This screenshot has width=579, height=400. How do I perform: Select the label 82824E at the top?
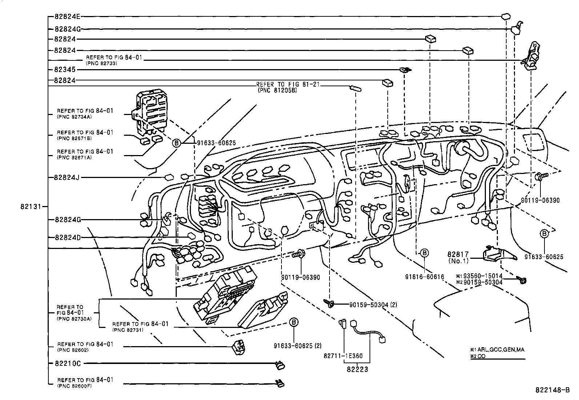[68, 17]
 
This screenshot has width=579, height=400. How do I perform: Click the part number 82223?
[357, 370]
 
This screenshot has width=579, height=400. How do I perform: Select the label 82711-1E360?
[342, 356]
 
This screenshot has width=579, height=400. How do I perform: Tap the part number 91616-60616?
[424, 277]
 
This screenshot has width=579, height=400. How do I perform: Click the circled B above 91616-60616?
[424, 253]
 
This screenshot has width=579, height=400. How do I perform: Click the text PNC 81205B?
[277, 90]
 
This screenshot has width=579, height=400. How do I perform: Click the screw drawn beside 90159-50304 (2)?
[330, 303]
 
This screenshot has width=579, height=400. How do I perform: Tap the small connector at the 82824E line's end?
[506, 16]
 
